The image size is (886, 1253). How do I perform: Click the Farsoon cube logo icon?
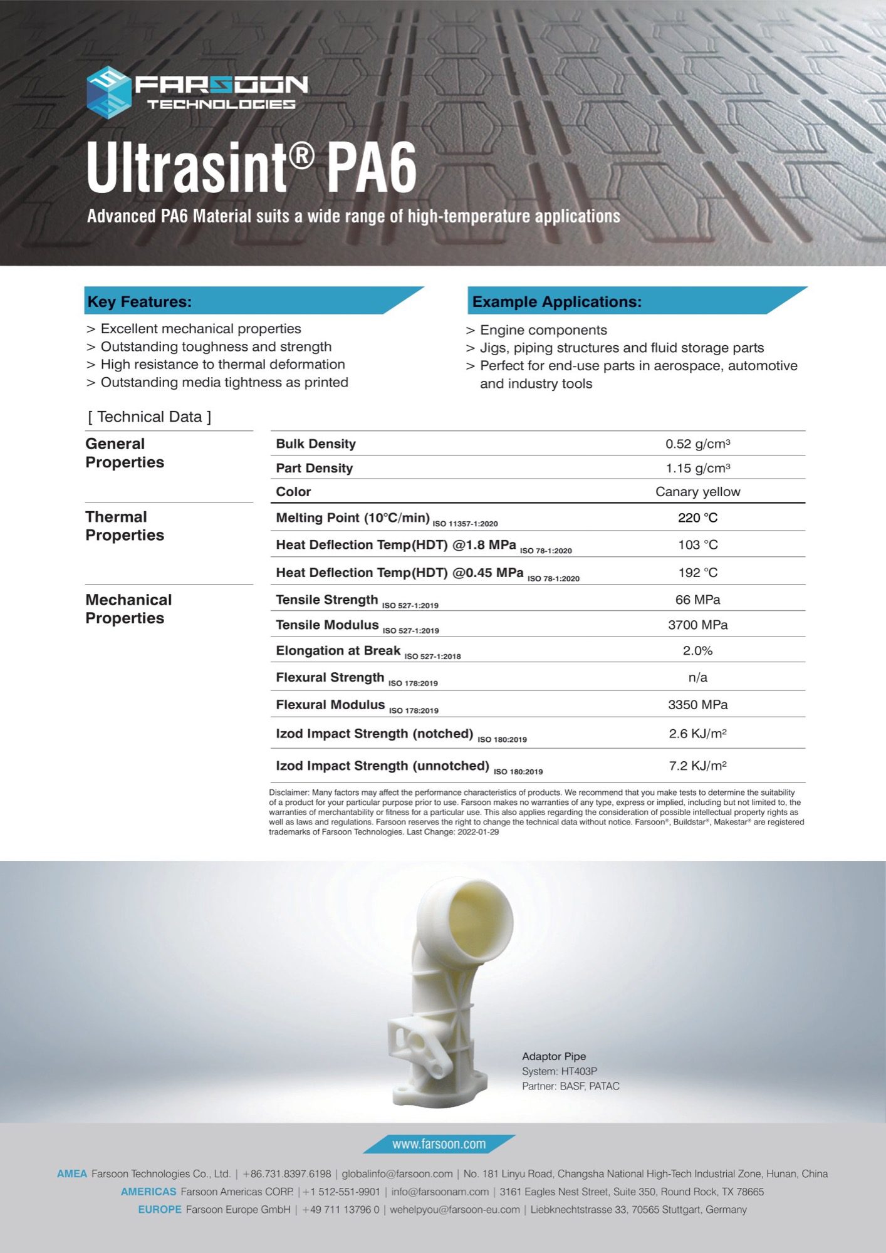click(x=108, y=92)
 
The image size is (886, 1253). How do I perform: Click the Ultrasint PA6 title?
click(x=252, y=168)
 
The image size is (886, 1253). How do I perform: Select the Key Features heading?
click(x=140, y=301)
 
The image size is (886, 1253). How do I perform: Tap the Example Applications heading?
click(x=556, y=301)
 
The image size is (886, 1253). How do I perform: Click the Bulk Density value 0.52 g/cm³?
click(x=697, y=444)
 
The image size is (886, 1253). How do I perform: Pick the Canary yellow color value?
click(x=697, y=492)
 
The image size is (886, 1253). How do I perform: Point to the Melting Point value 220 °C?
click(x=697, y=517)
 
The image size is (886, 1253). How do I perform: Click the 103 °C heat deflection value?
click(x=697, y=545)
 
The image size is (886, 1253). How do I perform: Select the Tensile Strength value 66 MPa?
click(x=697, y=600)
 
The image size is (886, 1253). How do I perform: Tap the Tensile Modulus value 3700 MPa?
click(x=697, y=625)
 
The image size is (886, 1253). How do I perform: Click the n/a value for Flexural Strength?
click(x=697, y=677)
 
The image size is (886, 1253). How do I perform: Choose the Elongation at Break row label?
click(x=338, y=651)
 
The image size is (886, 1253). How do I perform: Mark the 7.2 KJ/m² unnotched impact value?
click(x=697, y=766)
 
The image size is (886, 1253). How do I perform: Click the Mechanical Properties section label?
click(x=128, y=609)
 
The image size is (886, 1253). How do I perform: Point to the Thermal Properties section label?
click(x=124, y=526)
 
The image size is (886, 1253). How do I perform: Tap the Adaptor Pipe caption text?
click(x=554, y=1056)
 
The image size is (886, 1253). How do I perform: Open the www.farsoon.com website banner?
click(x=439, y=1144)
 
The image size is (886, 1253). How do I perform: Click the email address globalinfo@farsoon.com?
click(x=397, y=1173)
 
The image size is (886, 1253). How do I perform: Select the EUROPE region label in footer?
click(x=160, y=1209)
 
